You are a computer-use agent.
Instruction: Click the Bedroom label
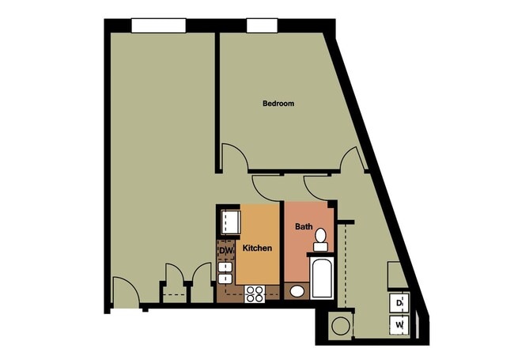[x=278, y=104]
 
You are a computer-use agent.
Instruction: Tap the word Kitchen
[x=257, y=248]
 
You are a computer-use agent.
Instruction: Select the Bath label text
[x=304, y=226]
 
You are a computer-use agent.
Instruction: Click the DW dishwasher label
[x=225, y=252]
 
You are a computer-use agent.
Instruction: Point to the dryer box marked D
[x=399, y=303]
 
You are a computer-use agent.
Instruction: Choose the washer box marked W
[x=399, y=324]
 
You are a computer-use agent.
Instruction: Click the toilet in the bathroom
[x=320, y=239]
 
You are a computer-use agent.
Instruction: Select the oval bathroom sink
[x=296, y=291]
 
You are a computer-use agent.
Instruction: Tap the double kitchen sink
[x=225, y=271]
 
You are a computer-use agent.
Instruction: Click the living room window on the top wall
[x=158, y=25]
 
